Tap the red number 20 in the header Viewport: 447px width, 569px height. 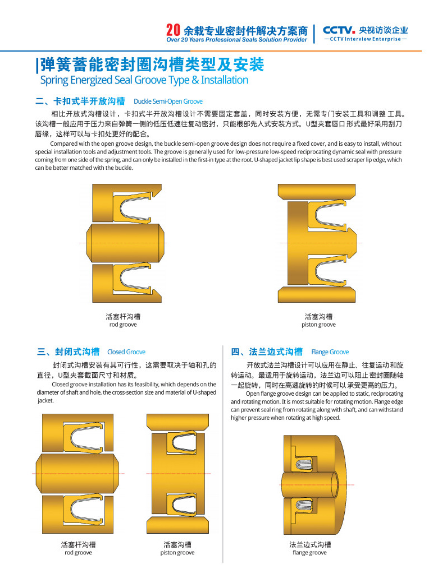173,30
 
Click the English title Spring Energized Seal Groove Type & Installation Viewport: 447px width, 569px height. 144,80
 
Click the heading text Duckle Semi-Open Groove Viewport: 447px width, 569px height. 168,101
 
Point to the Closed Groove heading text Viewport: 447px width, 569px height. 126,352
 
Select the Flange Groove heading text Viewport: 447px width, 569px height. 330,352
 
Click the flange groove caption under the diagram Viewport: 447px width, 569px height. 309,552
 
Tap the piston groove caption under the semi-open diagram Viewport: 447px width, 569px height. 318,325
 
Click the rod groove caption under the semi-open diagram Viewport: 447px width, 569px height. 123,325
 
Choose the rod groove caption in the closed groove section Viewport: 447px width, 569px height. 78,552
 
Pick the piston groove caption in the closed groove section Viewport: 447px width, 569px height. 177,552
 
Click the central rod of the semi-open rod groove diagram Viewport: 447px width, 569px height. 125,242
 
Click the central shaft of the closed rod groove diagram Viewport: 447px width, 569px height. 78,474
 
